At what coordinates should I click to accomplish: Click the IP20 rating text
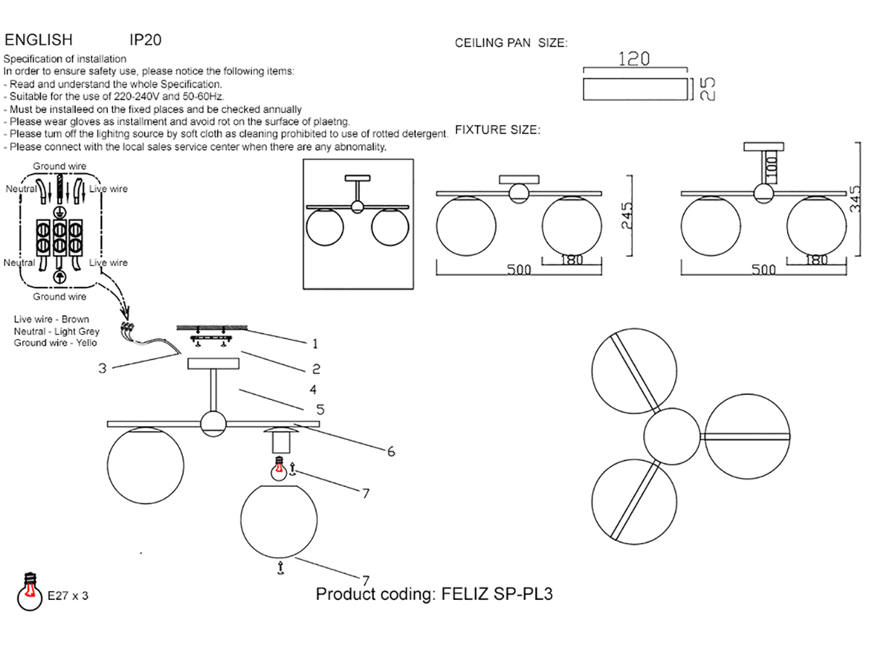146,40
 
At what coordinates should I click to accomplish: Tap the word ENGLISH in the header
38,40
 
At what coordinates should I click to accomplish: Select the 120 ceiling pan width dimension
634,59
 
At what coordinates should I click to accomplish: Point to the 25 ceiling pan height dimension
708,88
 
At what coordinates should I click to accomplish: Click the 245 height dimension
627,215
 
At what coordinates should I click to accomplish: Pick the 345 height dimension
855,198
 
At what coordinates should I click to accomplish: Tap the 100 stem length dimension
772,167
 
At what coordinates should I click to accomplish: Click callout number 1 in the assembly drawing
315,344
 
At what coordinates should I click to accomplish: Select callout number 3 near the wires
103,369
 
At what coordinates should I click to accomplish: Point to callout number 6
391,451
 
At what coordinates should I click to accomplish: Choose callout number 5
320,409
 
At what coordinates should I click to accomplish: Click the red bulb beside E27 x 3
30,591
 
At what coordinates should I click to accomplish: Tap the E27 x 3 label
67,595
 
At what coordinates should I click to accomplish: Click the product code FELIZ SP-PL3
497,594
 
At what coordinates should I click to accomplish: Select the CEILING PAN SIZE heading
511,43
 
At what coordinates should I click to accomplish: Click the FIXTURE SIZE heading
498,130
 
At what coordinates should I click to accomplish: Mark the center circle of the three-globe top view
672,436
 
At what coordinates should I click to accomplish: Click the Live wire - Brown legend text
51,319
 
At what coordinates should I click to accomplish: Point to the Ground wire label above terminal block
59,167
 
